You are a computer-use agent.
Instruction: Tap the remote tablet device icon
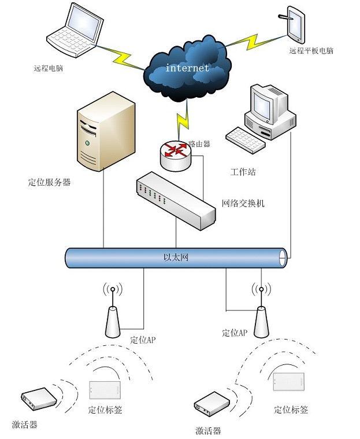click(x=296, y=24)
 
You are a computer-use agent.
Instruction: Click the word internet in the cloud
click(x=187, y=68)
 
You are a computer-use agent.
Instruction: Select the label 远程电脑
click(x=49, y=68)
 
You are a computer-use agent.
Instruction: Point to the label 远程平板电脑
click(x=311, y=51)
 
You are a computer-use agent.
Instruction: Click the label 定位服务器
click(x=49, y=183)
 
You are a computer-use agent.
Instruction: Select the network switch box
click(x=176, y=201)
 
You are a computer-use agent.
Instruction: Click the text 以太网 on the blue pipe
click(x=176, y=257)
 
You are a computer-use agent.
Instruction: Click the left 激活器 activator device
click(x=39, y=399)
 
